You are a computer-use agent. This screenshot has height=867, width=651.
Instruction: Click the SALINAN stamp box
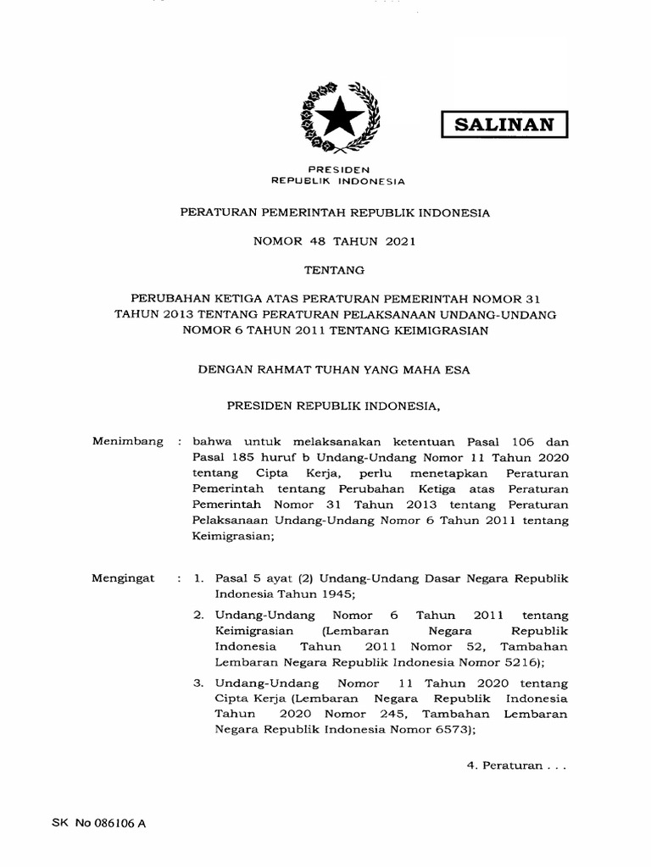pos(504,124)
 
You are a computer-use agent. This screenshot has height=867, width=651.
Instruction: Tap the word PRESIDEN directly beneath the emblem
pos(337,170)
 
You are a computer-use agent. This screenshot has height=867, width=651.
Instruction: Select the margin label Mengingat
pos(123,577)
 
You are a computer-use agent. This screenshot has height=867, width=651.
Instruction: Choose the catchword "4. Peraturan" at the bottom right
pos(514,765)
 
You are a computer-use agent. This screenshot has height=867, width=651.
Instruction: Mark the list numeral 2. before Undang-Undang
pos(199,616)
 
